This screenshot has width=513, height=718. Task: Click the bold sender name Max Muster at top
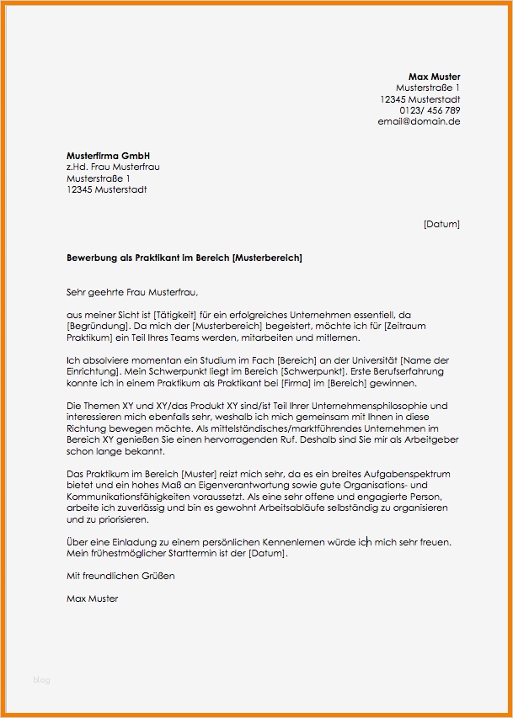(x=434, y=77)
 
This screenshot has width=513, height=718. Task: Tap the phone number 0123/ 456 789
(x=430, y=110)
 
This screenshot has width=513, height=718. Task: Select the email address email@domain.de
(x=419, y=121)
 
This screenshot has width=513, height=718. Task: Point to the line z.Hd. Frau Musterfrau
(x=113, y=168)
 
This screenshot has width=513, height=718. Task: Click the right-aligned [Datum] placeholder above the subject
(x=441, y=224)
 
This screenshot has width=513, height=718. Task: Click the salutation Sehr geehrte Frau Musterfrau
(x=131, y=292)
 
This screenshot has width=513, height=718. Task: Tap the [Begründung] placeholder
(x=98, y=326)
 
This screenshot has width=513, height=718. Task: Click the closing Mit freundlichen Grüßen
(x=120, y=577)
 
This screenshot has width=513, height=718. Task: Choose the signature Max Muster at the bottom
(x=92, y=599)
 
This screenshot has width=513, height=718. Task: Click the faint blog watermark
(x=42, y=678)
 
